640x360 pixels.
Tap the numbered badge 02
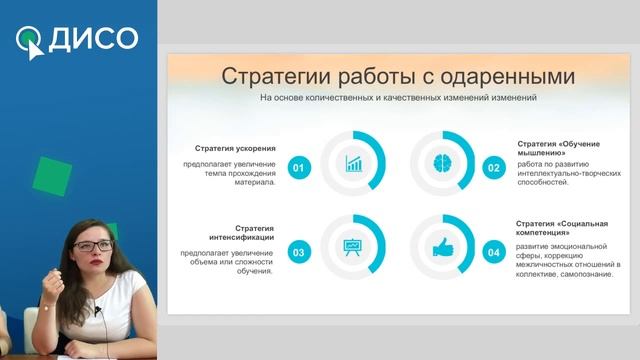[x=493, y=168]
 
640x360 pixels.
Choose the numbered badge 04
[x=493, y=253]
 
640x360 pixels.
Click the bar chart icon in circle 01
[x=352, y=162]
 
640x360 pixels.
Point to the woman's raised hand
[x=47, y=291]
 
